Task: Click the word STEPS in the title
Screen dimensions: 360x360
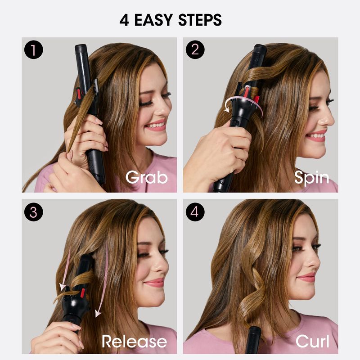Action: pyautogui.click(x=200, y=20)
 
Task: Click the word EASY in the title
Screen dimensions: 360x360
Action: pyautogui.click(x=153, y=20)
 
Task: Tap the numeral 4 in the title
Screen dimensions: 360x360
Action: pyautogui.click(x=124, y=20)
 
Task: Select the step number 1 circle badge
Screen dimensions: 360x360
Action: pyautogui.click(x=33, y=50)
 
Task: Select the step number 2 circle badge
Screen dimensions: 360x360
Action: pyautogui.click(x=195, y=49)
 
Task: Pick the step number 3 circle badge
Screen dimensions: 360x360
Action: pyautogui.click(x=33, y=212)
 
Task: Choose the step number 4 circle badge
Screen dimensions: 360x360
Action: pyautogui.click(x=195, y=212)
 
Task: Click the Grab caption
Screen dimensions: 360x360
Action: pyautogui.click(x=147, y=177)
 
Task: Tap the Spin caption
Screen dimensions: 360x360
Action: pyautogui.click(x=311, y=178)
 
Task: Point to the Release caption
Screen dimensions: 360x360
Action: pyautogui.click(x=134, y=341)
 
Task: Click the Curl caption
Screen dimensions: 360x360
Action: pyautogui.click(x=312, y=341)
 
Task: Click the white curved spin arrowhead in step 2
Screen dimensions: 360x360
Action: pyautogui.click(x=227, y=109)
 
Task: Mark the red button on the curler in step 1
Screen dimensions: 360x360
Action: pyautogui.click(x=79, y=94)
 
